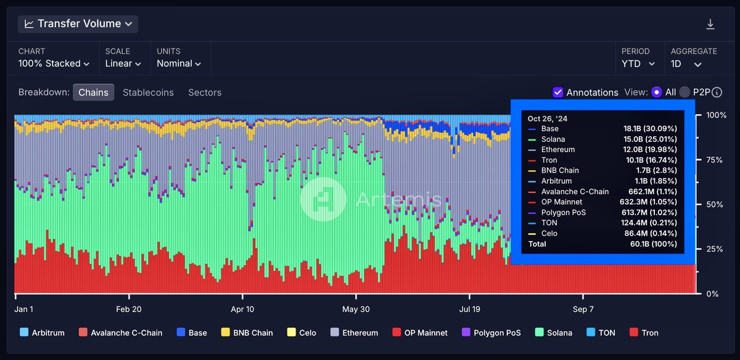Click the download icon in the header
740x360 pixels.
[710, 24]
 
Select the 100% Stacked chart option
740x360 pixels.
[54, 63]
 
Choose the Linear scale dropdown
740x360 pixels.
[123, 63]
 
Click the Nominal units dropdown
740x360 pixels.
[179, 63]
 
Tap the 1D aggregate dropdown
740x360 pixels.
[686, 63]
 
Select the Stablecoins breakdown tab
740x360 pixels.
[148, 92]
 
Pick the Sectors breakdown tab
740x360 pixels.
[205, 92]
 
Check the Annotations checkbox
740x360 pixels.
[558, 92]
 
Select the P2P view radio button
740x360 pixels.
[684, 92]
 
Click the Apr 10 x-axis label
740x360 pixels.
[242, 309]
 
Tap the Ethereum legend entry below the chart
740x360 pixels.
[355, 333]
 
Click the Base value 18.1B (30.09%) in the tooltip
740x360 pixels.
[650, 129]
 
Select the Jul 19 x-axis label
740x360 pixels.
[470, 309]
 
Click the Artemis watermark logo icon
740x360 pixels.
[323, 199]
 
